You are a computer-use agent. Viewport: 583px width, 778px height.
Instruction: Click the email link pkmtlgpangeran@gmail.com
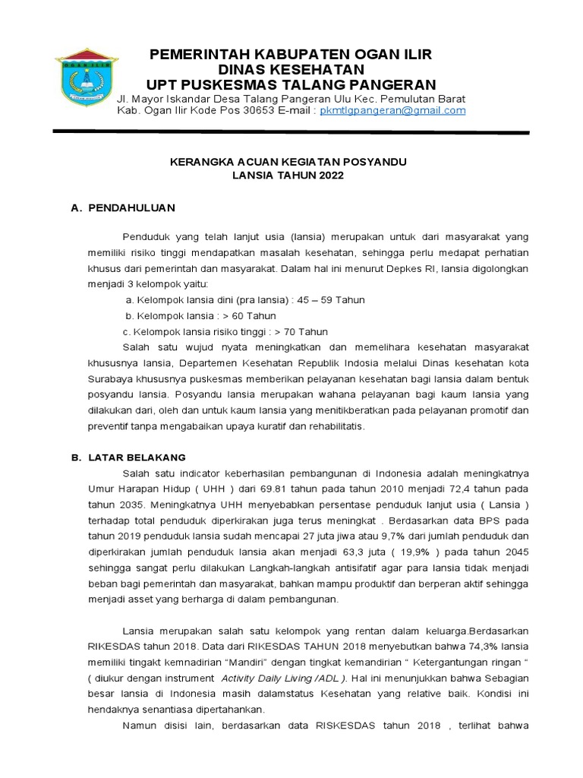392,111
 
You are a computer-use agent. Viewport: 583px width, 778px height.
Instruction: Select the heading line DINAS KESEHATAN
291,69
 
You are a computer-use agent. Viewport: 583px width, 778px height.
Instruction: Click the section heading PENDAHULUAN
132,207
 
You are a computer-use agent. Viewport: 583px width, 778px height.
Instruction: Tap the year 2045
515,552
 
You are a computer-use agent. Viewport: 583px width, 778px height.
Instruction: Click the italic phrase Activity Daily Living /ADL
278,679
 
